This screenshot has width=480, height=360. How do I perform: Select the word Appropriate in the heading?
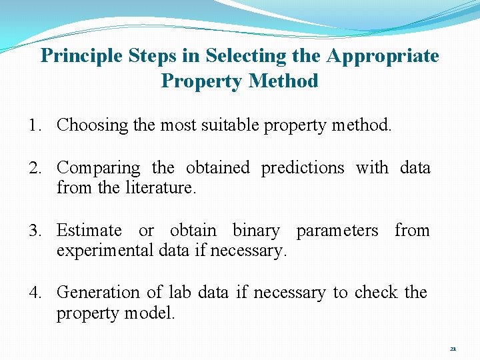coord(383,56)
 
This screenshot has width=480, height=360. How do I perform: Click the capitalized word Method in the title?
coord(283,81)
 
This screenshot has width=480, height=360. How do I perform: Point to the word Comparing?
coord(99,168)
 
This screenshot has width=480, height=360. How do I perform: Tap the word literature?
coord(160,188)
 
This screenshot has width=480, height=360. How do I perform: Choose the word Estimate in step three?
coord(89,231)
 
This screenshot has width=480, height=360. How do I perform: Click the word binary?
coord(256,231)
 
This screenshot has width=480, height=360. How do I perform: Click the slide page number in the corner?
coord(453,349)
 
